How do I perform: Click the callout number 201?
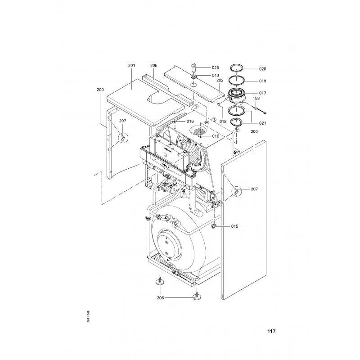point(132,66)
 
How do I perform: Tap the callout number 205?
point(153,66)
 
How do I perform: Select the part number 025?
point(215,67)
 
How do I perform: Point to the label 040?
point(215,75)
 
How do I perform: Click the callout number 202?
point(220,81)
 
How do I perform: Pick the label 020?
point(262,69)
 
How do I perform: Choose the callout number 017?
point(262,93)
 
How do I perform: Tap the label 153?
point(256,98)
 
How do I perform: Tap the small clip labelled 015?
point(215,226)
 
